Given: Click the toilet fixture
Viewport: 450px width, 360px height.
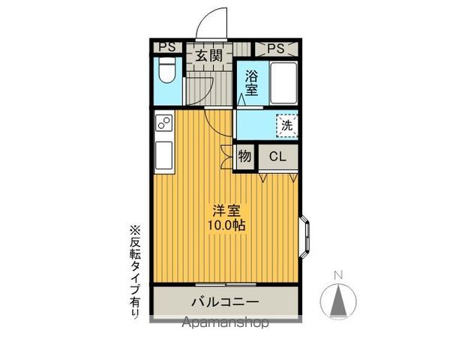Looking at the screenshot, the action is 167,70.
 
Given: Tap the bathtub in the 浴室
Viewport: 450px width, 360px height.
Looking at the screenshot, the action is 283,83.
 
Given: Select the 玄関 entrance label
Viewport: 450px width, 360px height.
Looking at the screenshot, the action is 209,55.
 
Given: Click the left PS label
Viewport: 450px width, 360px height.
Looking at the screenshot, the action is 167,47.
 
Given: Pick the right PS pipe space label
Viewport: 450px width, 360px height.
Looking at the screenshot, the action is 276,49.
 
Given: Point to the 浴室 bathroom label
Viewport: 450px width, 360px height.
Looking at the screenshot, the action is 251,83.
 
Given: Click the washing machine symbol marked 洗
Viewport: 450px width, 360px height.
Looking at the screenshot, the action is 287,125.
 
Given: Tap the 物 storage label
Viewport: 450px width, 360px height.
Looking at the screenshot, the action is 244,157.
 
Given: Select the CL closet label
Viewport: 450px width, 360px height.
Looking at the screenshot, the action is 277,157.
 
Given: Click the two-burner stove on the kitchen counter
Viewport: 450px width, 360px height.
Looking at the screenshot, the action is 163,123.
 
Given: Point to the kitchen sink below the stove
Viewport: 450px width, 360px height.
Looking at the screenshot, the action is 163,155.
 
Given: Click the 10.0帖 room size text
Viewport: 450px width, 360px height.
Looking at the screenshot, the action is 226,226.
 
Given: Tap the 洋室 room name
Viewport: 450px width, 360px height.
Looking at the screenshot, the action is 226,211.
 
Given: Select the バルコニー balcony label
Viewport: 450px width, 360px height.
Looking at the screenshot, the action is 225,302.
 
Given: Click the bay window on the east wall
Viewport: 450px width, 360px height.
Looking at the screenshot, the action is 305,237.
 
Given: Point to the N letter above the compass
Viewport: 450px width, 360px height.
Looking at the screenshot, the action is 339,275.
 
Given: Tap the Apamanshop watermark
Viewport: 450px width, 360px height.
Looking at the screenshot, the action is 226,322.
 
